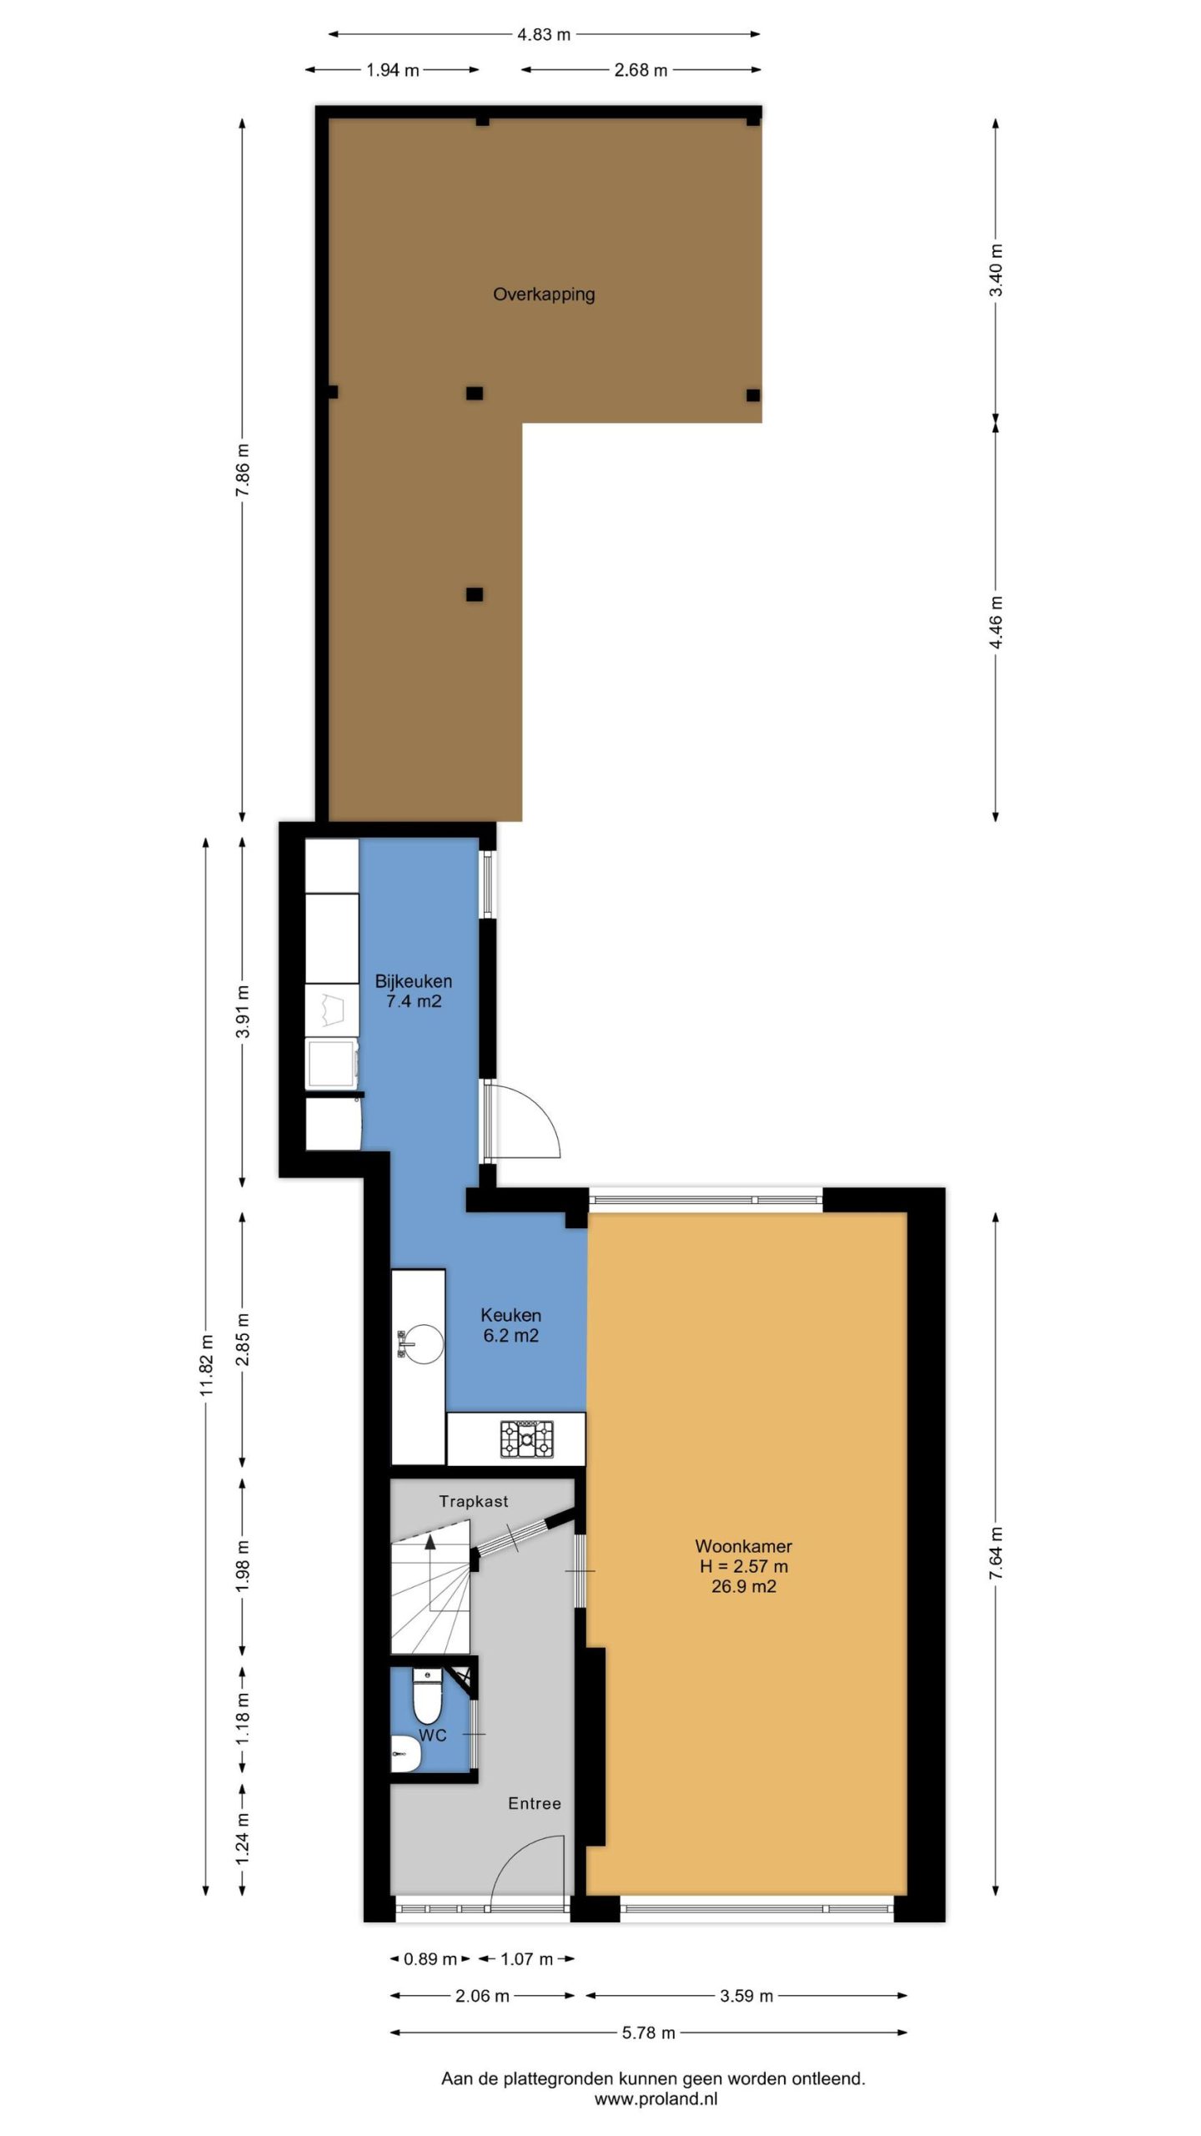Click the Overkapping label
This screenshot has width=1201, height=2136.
coord(544,295)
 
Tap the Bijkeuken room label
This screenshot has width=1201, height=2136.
coord(414,981)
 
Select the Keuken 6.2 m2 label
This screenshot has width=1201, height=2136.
coord(511,1325)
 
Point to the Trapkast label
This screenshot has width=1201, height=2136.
coord(474,1501)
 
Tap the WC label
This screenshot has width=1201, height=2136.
coord(433,1735)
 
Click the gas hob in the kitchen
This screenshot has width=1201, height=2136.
coord(526,1439)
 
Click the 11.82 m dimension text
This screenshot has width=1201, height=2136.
coord(208,1365)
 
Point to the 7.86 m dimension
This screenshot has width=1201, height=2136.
coord(243,470)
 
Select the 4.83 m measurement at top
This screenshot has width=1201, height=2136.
coord(544,34)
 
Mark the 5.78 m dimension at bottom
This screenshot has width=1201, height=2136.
coord(648,2033)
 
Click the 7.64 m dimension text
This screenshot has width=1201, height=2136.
coord(996,1552)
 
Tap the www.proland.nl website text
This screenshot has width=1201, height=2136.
coord(656,2099)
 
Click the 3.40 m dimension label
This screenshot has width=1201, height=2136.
coord(996,270)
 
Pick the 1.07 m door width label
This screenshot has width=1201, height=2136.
coord(526,1959)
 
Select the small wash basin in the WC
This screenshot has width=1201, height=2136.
coord(407,1753)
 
